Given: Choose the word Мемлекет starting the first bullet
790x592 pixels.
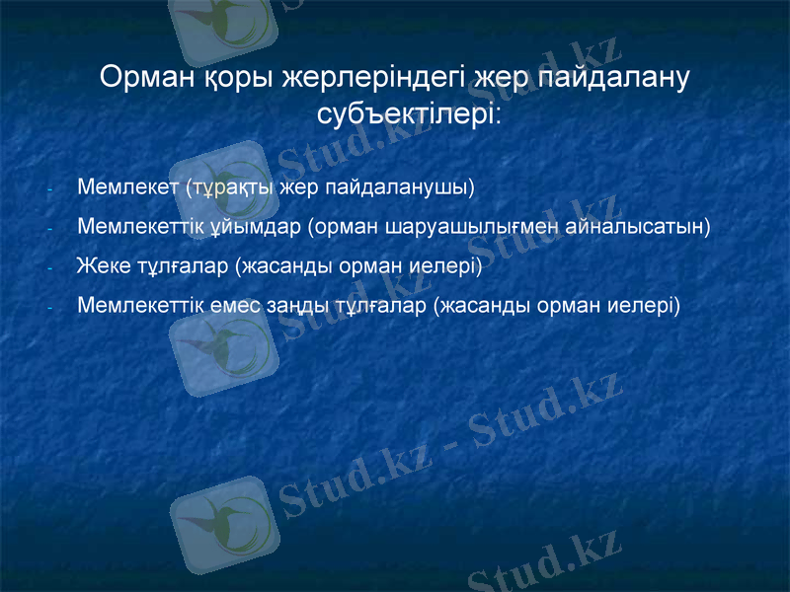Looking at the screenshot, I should (126, 185).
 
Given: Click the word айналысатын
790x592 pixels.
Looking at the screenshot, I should (641, 226).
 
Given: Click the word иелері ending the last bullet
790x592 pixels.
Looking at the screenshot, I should (648, 305).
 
